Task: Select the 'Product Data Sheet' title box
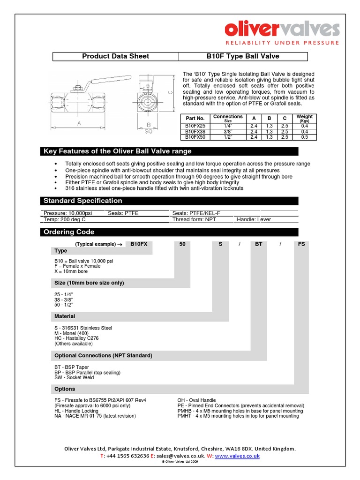[x=115, y=56]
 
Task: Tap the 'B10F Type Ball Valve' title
[x=243, y=56]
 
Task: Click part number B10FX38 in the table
[x=195, y=132]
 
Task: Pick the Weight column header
[x=304, y=118]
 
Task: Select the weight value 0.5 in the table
[x=304, y=137]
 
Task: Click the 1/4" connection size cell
[x=228, y=126]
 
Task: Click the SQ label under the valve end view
[x=148, y=132]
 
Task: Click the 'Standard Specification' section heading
[x=82, y=201]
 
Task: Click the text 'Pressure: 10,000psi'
[x=67, y=213]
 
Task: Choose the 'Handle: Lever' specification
[x=254, y=219]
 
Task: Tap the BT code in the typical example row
[x=258, y=244]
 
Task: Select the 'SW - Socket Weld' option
[x=74, y=377]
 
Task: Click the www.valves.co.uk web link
[x=237, y=456]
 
